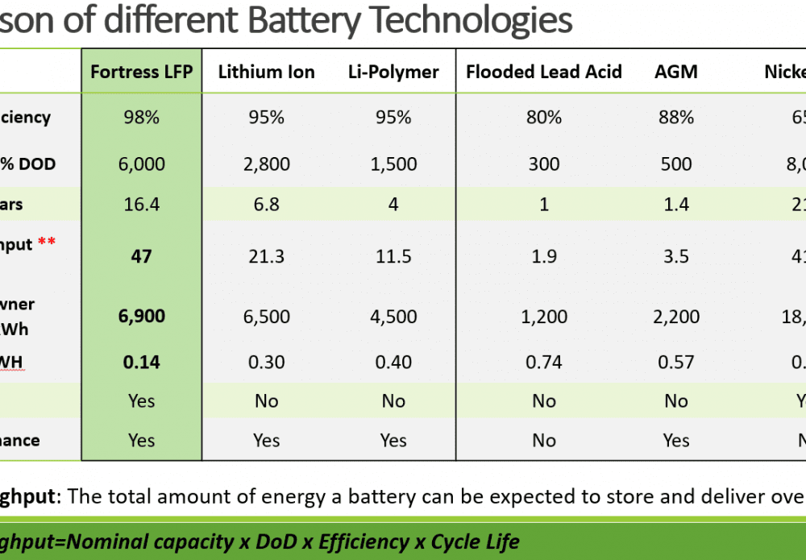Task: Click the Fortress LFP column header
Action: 141,72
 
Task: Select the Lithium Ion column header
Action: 266,72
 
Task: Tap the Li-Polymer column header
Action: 393,72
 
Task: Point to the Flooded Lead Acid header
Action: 544,72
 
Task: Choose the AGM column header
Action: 675,72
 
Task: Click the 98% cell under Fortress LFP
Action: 141,118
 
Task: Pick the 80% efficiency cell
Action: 544,118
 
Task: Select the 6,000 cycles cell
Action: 141,164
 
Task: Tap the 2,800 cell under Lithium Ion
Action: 266,164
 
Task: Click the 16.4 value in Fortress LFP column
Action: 141,204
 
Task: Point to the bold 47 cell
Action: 141,256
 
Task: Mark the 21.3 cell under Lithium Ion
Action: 266,256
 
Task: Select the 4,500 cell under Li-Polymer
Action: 393,316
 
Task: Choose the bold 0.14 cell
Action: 141,362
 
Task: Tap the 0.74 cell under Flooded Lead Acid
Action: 544,362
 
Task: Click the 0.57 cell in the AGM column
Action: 675,362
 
